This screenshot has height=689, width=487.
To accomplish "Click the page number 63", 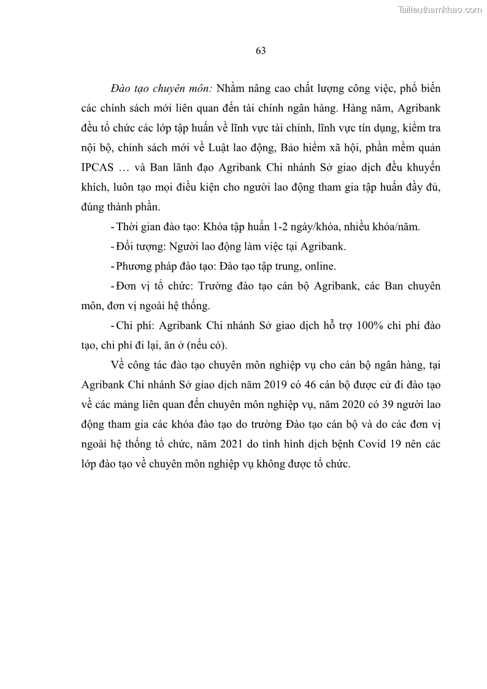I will click(260, 51).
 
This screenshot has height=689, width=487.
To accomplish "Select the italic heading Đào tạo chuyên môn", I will click(161, 88).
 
